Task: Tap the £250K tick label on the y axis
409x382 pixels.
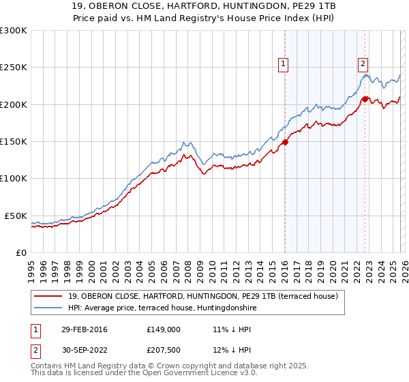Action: pos(13,68)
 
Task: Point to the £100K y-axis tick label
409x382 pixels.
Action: pos(13,179)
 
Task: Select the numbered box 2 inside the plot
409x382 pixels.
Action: pos(363,64)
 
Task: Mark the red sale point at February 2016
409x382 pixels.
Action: pos(285,143)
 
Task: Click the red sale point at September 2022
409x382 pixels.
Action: pos(365,99)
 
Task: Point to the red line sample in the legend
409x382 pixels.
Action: pos(49,296)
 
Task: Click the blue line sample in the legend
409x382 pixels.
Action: pos(49,308)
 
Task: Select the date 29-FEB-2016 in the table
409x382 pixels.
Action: pos(85,329)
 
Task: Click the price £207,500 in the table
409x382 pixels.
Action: pos(163,352)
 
